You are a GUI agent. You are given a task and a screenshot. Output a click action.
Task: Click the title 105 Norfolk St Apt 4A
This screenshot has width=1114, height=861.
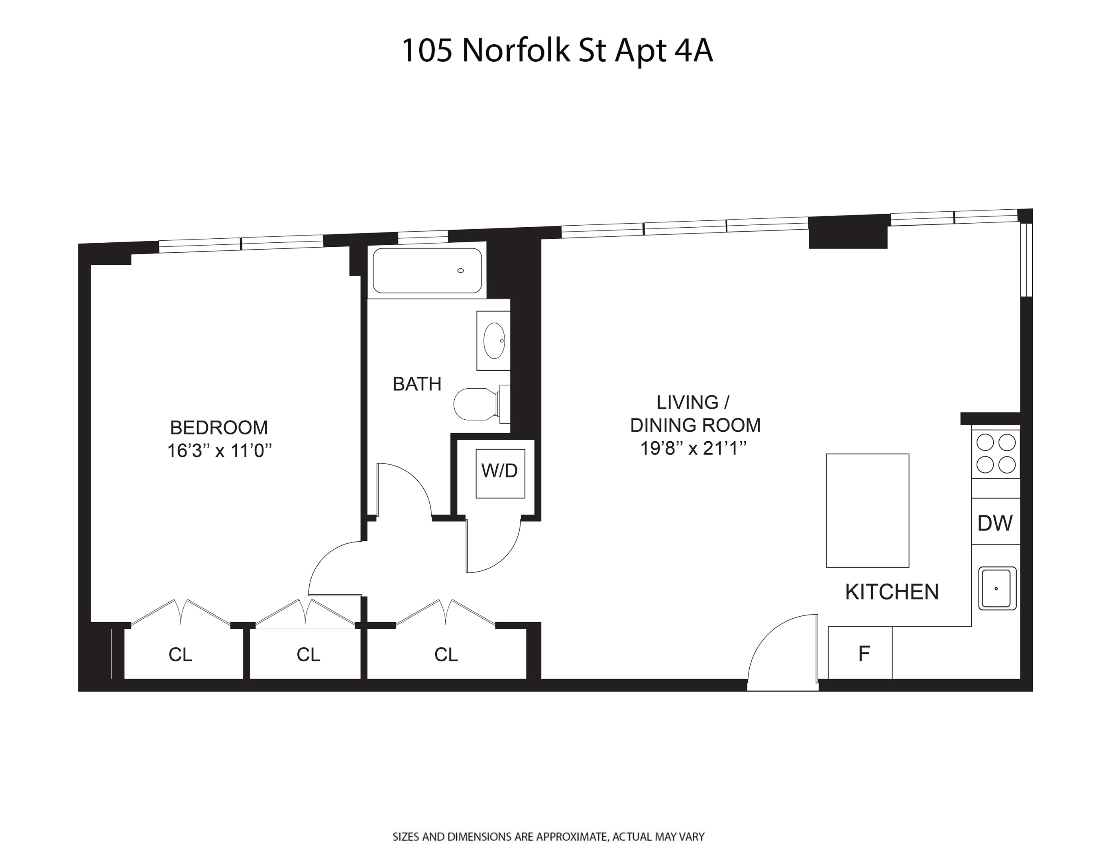click(x=557, y=51)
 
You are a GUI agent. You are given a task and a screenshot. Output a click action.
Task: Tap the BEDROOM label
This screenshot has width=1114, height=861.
click(x=219, y=427)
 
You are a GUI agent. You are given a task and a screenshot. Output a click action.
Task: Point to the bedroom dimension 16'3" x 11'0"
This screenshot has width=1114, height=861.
click(x=219, y=451)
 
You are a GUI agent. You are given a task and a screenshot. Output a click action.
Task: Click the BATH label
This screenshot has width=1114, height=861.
click(x=417, y=384)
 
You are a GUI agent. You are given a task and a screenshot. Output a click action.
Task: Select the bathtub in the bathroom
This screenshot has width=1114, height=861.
click(x=427, y=271)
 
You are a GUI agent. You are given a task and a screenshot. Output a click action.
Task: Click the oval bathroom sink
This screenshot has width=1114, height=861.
click(x=494, y=340)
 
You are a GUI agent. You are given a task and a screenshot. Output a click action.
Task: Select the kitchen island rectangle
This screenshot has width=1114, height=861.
click(x=867, y=510)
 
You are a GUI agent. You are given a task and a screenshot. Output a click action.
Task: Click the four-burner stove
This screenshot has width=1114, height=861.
click(x=996, y=454)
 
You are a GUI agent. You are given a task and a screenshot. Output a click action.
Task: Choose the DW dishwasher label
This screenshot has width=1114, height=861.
click(x=995, y=523)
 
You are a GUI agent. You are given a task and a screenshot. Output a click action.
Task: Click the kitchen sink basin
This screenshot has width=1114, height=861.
click(x=997, y=588)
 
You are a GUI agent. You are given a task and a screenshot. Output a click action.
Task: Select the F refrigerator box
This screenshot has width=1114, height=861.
click(x=864, y=653)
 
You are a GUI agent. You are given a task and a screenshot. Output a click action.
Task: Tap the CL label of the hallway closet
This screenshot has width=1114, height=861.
click(x=446, y=655)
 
